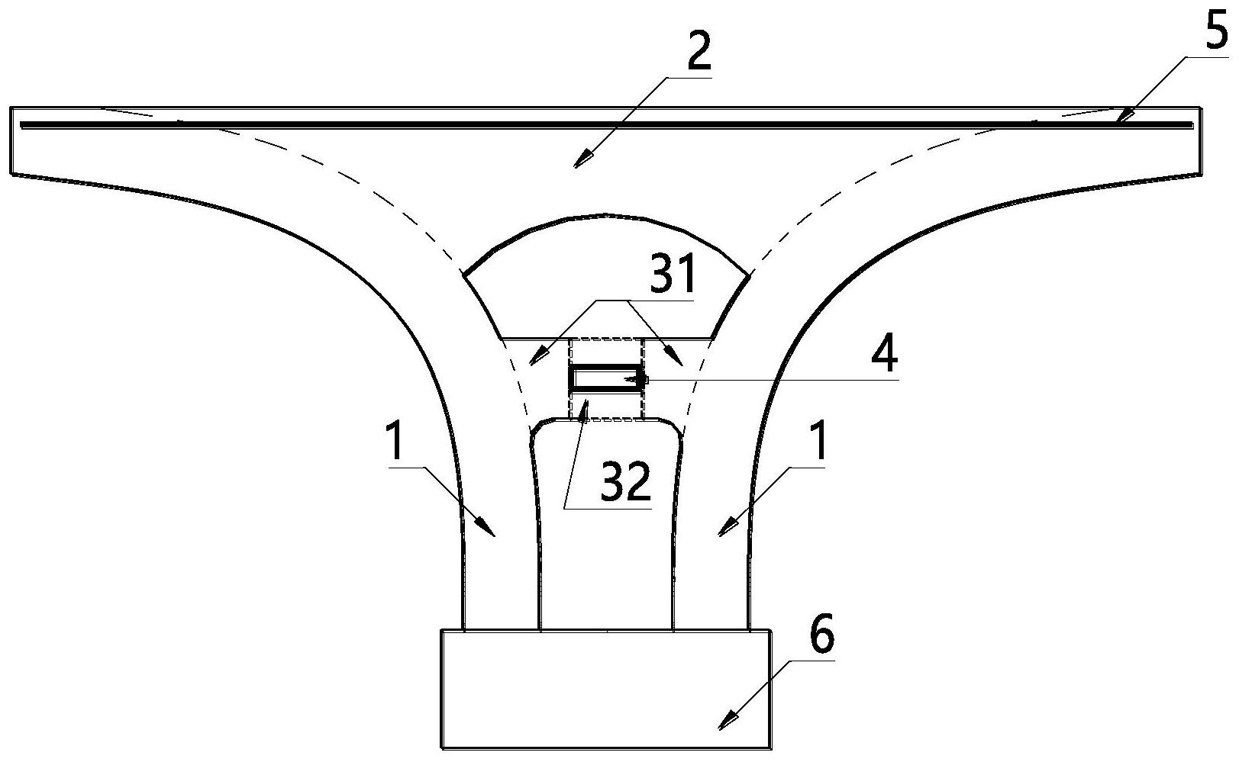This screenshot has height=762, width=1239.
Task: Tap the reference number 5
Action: [x=1217, y=29]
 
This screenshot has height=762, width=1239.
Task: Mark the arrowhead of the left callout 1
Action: [x=486, y=527]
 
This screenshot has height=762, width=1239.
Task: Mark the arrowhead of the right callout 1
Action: [x=728, y=527]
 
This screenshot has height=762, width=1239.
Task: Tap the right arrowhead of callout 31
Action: [x=676, y=357]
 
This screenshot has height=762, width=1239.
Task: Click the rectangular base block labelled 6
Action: [x=605, y=689]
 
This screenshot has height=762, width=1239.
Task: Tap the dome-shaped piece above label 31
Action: [x=606, y=276]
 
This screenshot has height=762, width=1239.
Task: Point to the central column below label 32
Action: [x=606, y=525]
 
